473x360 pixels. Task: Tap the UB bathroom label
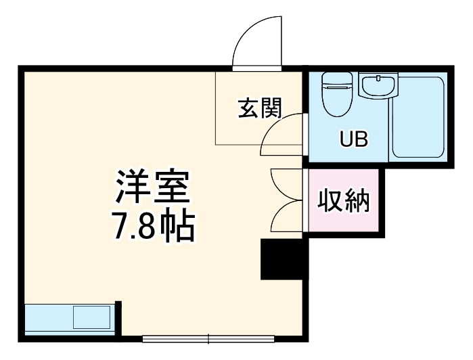pos(353,140)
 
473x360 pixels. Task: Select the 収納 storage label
pos(343,201)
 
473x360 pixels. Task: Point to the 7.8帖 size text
pos(152,227)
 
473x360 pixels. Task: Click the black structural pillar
pos(284,259)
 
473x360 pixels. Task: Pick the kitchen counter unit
pos(68,316)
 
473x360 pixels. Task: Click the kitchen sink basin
pos(91,316)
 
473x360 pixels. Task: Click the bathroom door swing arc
pos(281,133)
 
